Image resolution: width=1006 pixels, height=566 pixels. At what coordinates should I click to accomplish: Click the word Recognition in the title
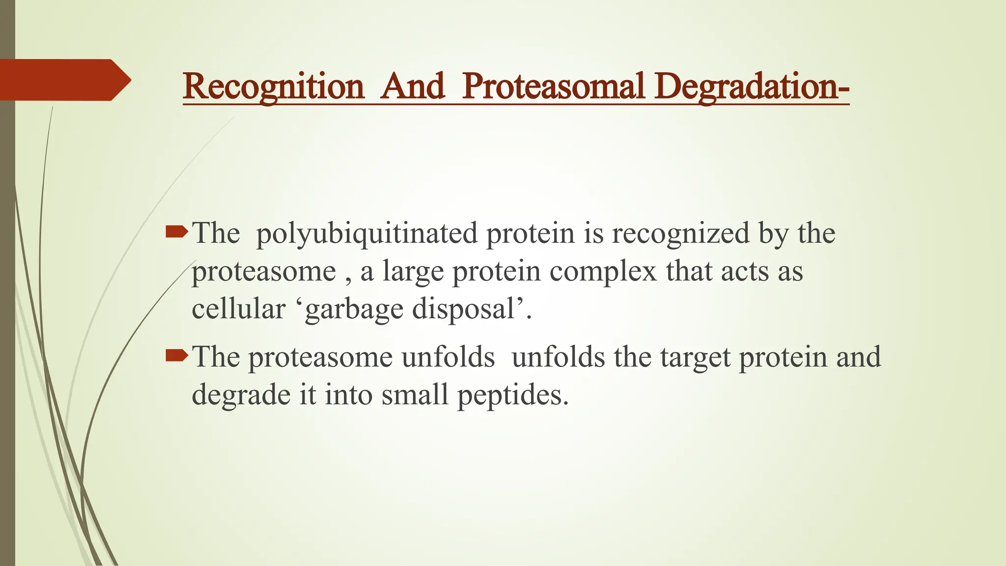273,87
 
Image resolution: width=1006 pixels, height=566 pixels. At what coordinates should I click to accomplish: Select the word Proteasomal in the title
553,86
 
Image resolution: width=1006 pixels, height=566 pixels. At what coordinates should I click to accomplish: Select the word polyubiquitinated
366,234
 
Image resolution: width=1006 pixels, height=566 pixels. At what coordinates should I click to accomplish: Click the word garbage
354,311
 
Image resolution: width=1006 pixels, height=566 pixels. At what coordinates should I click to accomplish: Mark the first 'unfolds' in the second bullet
447,357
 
